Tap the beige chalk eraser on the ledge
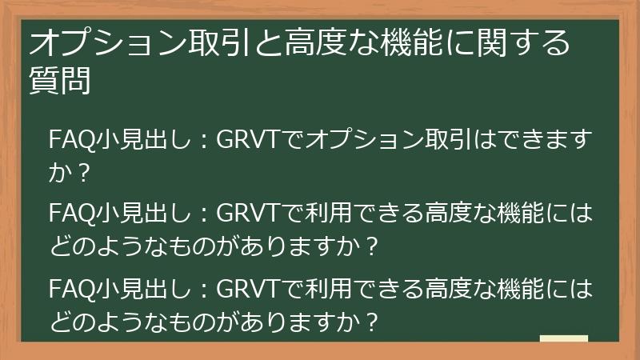point(563,339)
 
